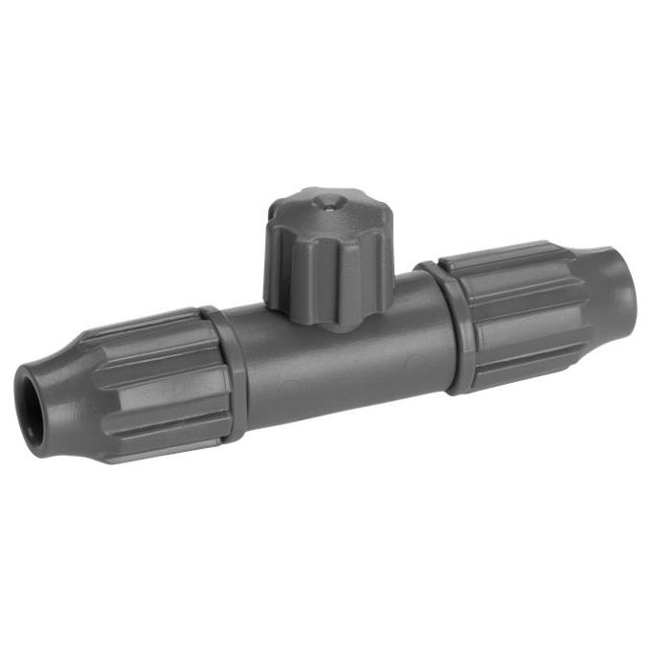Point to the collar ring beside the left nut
point(226,372)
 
